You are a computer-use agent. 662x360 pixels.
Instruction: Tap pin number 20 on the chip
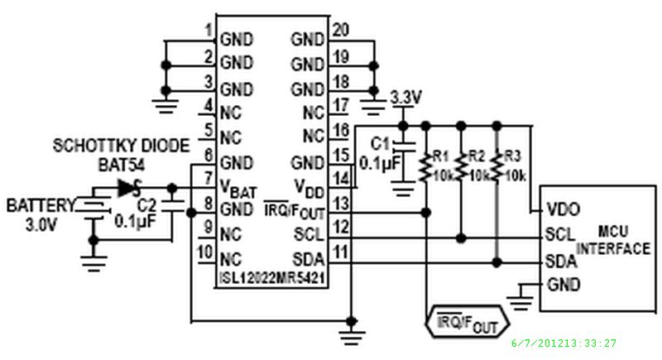[339, 31]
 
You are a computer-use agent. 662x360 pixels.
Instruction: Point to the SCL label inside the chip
[309, 235]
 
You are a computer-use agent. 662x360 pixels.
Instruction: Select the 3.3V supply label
[405, 98]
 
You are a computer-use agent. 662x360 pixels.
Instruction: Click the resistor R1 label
[440, 155]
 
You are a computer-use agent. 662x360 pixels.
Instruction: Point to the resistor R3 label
[512, 155]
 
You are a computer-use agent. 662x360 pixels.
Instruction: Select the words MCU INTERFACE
[613, 242]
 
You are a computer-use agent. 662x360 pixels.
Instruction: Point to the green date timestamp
[564, 343]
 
